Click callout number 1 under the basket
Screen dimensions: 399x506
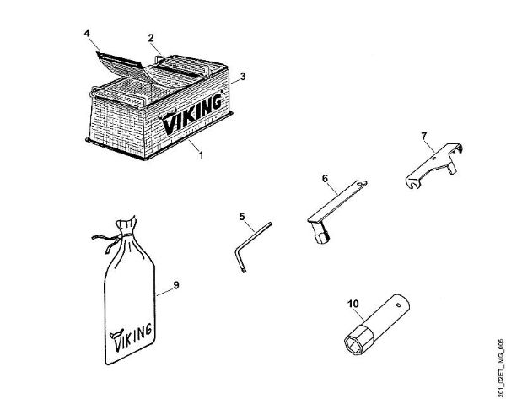coord(201,154)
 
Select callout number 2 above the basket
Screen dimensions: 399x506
coord(150,38)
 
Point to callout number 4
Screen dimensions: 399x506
coord(87,34)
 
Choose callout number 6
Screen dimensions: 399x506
coord(324,178)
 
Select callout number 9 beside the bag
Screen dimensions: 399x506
coord(176,284)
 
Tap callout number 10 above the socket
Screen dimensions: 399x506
coord(353,299)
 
